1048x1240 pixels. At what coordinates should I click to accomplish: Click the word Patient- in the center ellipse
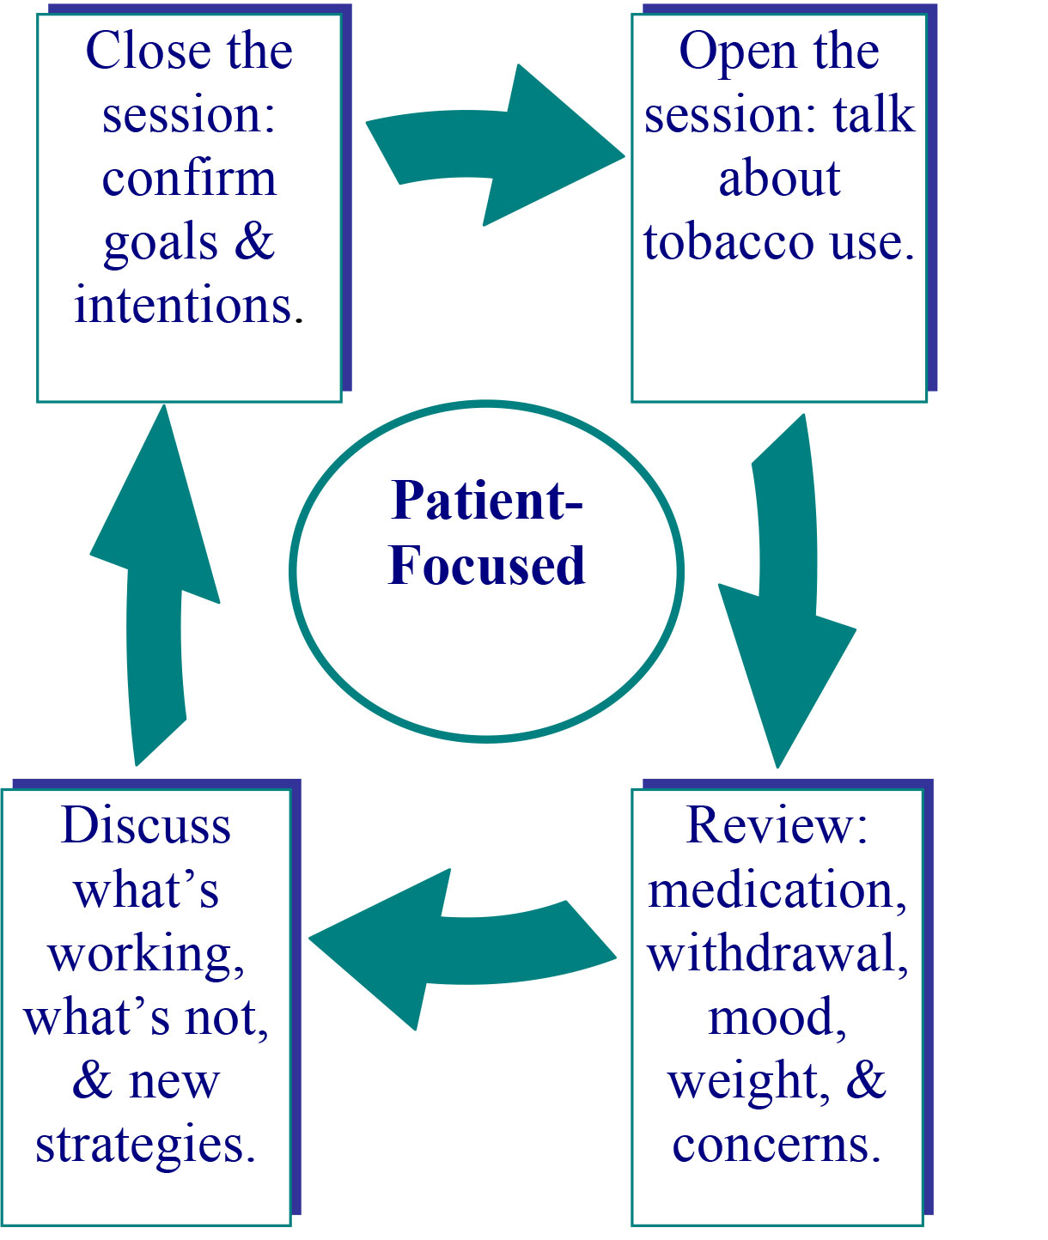pos(486,500)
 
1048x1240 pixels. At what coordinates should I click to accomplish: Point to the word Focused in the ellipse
pos(486,566)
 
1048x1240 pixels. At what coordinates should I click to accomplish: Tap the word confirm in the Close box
pos(189,179)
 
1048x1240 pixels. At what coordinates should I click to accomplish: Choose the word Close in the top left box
pos(148,51)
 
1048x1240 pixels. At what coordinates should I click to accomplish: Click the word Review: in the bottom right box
pos(777,826)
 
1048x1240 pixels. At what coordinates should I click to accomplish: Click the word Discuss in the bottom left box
pos(146,826)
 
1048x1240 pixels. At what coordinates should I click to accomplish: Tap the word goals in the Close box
pos(161,244)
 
